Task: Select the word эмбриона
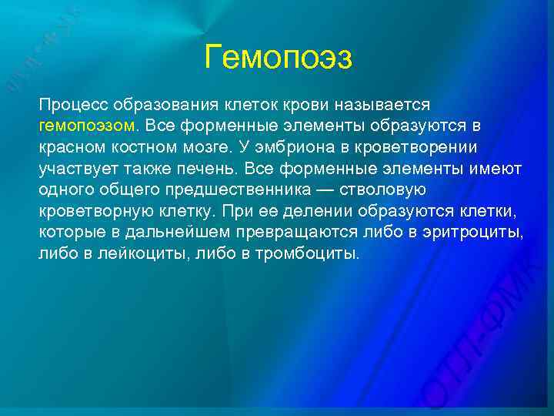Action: tap(315, 146)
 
